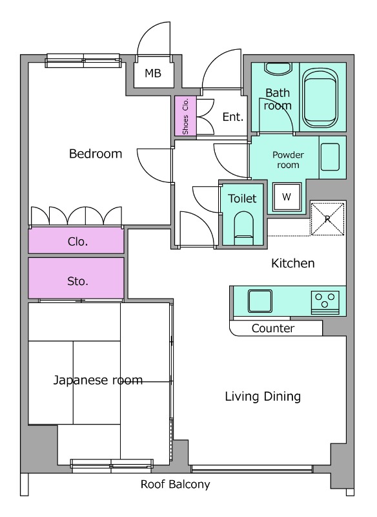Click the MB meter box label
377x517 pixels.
click(x=153, y=73)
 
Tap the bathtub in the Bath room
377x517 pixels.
click(x=320, y=98)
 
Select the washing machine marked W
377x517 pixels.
click(x=287, y=197)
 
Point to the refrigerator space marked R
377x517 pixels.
click(x=327, y=219)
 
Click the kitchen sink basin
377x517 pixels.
click(x=260, y=301)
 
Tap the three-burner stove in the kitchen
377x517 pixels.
click(x=325, y=302)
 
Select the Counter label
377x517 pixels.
click(x=273, y=328)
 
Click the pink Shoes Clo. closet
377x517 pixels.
click(x=185, y=116)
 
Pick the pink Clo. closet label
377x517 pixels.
click(x=77, y=242)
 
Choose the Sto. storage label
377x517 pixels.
click(x=77, y=281)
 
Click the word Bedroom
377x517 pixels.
click(x=96, y=154)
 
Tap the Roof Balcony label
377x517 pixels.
click(x=175, y=484)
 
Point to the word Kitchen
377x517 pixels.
click(x=292, y=263)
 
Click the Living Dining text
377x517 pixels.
click(x=263, y=396)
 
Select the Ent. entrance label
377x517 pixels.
click(x=233, y=117)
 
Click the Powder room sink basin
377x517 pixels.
click(x=330, y=157)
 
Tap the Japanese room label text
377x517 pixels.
click(x=98, y=380)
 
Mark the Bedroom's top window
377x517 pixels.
click(x=83, y=61)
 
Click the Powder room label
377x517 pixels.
click(x=288, y=160)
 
